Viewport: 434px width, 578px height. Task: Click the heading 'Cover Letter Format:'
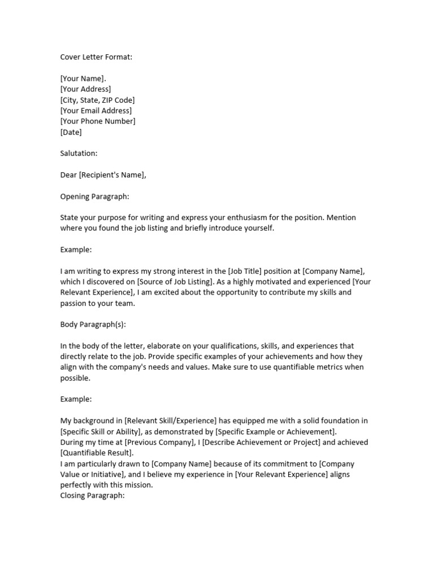pyautogui.click(x=96, y=57)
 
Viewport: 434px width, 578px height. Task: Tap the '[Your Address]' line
pyautogui.click(x=85, y=89)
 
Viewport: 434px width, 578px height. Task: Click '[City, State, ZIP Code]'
pyautogui.click(x=97, y=100)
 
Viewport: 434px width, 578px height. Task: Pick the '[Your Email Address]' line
pyautogui.click(x=96, y=111)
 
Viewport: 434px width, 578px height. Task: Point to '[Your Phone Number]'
pyautogui.click(x=98, y=121)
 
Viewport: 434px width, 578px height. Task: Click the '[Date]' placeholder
pyautogui.click(x=71, y=132)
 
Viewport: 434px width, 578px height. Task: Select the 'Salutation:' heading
pyautogui.click(x=79, y=154)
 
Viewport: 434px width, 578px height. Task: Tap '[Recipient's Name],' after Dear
pyautogui.click(x=112, y=175)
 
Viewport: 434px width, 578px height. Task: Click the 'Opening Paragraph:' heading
pyautogui.click(x=94, y=196)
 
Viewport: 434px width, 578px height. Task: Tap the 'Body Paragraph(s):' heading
pyautogui.click(x=93, y=325)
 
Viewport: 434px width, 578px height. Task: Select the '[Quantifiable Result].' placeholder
pyautogui.click(x=97, y=453)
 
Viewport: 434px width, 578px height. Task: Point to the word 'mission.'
pyautogui.click(x=137, y=485)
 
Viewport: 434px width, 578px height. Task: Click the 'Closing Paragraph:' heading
pyautogui.click(x=92, y=496)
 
